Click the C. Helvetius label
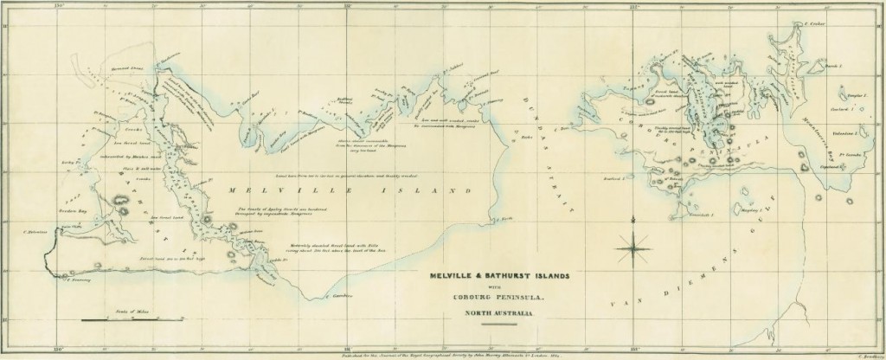[x=35, y=232]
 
